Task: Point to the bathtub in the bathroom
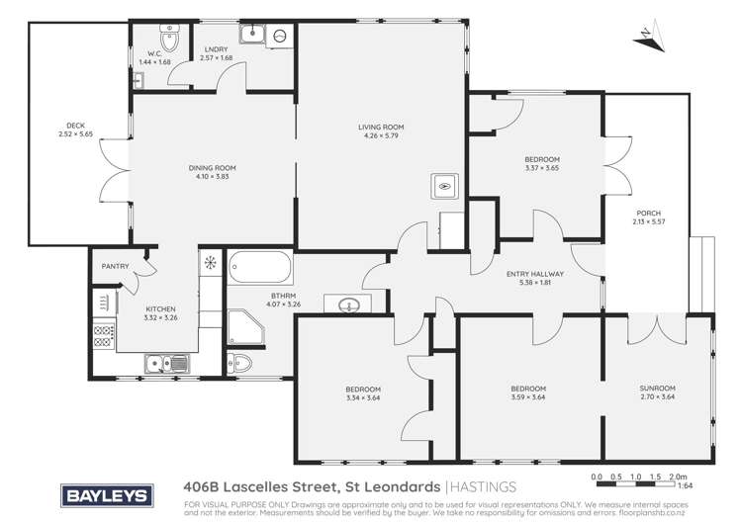click(260, 268)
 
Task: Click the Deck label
click(76, 126)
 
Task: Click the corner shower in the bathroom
click(242, 326)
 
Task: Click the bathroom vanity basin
click(348, 304)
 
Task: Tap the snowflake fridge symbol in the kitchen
click(210, 262)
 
